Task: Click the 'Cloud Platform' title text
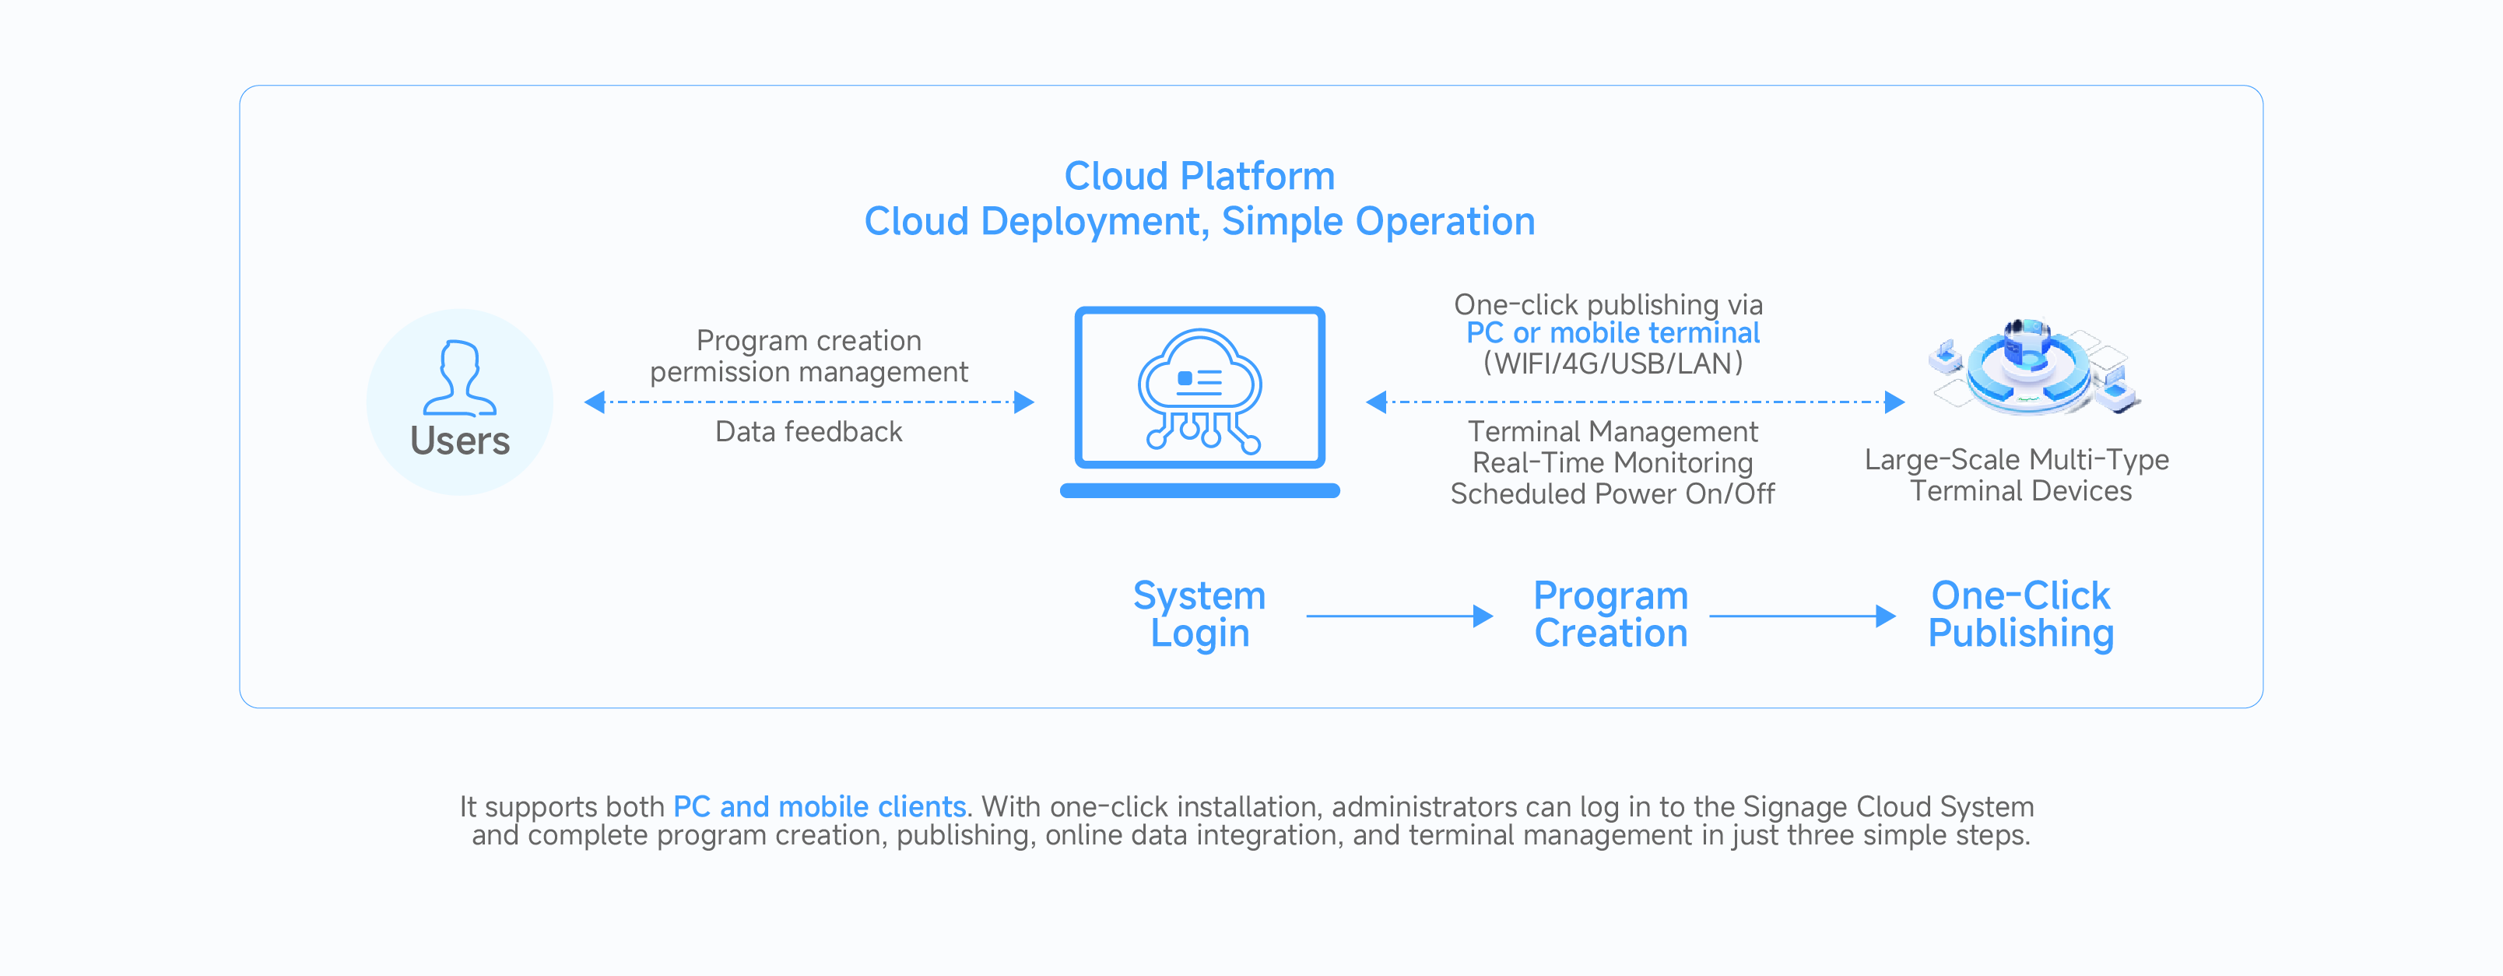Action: pyautogui.click(x=1199, y=176)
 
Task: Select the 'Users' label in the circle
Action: pyautogui.click(x=460, y=441)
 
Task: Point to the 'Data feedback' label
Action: pyautogui.click(x=809, y=432)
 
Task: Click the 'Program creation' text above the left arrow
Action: pyautogui.click(x=809, y=340)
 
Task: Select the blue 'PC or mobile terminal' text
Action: pyautogui.click(x=1612, y=333)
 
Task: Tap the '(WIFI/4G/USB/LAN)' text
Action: pyautogui.click(x=1612, y=363)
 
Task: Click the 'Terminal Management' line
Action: pyautogui.click(x=1612, y=432)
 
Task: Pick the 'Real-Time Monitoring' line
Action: pyautogui.click(x=1612, y=463)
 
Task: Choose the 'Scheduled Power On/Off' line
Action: pyautogui.click(x=1612, y=493)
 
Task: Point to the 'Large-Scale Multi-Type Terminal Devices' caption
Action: pyautogui.click(x=2018, y=475)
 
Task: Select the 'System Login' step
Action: pyautogui.click(x=1199, y=614)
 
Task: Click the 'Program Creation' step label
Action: pyautogui.click(x=1610, y=614)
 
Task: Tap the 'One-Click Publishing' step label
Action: pyautogui.click(x=2020, y=614)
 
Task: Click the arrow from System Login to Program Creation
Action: pyautogui.click(x=1399, y=616)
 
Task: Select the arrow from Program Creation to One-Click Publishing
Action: pyautogui.click(x=1803, y=616)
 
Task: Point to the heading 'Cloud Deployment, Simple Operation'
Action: pyautogui.click(x=1199, y=222)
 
